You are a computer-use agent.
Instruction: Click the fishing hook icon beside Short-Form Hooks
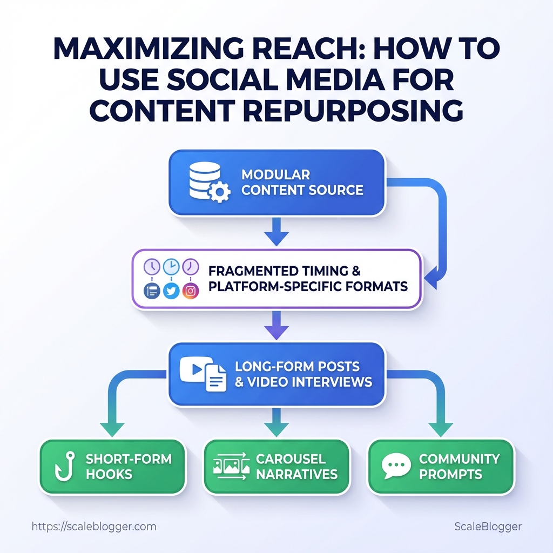(66, 467)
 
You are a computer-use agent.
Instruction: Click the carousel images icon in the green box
(231, 466)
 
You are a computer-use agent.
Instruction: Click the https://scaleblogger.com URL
(94, 527)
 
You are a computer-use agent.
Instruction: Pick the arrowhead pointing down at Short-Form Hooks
(112, 428)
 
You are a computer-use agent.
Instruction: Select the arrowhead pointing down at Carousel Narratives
(276, 428)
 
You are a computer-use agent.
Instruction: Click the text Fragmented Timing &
(284, 271)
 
